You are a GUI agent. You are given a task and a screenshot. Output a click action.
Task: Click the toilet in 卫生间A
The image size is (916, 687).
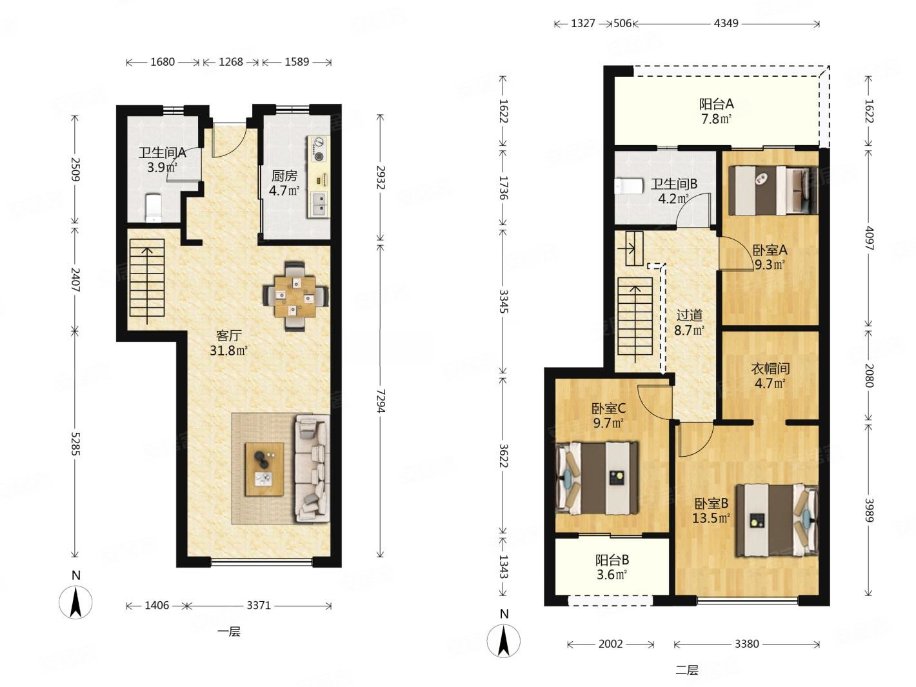pyautogui.click(x=153, y=208)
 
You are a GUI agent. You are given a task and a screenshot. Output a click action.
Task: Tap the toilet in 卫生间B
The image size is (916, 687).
pyautogui.click(x=630, y=186)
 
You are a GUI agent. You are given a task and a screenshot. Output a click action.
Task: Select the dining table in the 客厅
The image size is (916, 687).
pyautogui.click(x=295, y=296)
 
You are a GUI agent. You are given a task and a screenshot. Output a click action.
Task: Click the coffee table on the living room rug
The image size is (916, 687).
pyautogui.click(x=264, y=469)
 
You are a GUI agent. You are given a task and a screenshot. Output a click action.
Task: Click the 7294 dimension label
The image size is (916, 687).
pyautogui.click(x=380, y=401)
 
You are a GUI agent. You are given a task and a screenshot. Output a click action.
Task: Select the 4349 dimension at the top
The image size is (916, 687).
pyautogui.click(x=726, y=23)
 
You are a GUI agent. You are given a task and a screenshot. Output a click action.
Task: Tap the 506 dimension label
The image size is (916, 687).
pyautogui.click(x=622, y=23)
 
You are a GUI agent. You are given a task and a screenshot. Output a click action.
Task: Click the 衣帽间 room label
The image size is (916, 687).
pyautogui.click(x=770, y=368)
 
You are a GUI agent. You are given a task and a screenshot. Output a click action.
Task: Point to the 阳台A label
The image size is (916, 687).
pyautogui.click(x=716, y=103)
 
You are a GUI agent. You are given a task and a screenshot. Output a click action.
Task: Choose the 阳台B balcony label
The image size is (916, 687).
pyautogui.click(x=612, y=559)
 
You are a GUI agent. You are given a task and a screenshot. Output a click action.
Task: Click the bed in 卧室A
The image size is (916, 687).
pyautogui.click(x=773, y=190)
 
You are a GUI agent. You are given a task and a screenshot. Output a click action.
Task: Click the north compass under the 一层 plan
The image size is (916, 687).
pyautogui.click(x=75, y=602)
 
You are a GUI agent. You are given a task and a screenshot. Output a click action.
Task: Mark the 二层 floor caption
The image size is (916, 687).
pyautogui.click(x=686, y=670)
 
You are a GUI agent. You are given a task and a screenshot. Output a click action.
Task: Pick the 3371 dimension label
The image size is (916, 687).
pyautogui.click(x=259, y=605)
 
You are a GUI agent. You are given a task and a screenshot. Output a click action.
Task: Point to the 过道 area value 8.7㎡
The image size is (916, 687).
pyautogui.click(x=690, y=330)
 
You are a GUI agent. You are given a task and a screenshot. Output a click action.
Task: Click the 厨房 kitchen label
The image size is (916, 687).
pyautogui.click(x=284, y=175)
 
